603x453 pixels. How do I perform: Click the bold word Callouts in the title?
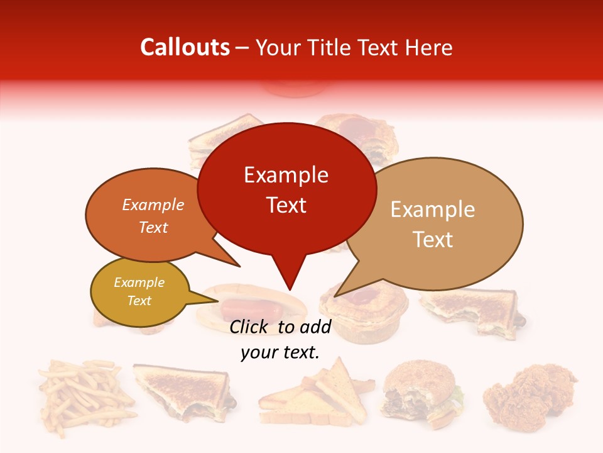click(185, 47)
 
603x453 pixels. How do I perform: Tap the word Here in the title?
click(428, 48)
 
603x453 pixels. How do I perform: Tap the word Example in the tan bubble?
click(433, 210)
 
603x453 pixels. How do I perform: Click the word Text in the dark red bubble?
click(286, 205)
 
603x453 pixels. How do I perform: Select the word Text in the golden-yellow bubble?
click(139, 301)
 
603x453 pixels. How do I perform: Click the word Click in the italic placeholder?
click(251, 327)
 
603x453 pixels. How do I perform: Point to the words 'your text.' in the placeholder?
click(280, 352)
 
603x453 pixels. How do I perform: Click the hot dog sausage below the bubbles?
click(251, 308)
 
